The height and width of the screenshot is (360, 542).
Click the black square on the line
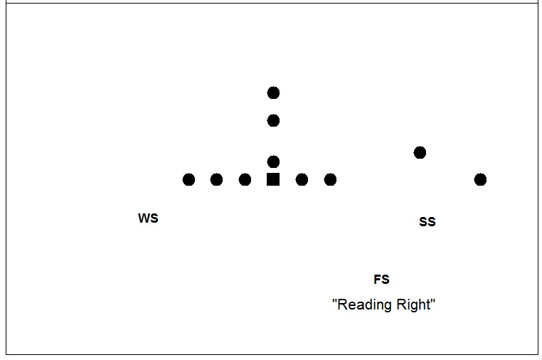point(273,179)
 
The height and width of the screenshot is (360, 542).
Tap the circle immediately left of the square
point(245,179)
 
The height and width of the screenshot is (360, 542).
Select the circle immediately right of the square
point(302,179)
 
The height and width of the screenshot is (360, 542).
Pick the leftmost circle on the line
point(188,179)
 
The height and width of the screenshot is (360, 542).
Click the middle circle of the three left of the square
point(216,179)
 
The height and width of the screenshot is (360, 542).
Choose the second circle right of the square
point(330,179)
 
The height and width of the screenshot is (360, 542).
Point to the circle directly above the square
point(273,162)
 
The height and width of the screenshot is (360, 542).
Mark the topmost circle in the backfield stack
point(273,92)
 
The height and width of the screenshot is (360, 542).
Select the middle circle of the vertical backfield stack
point(273,120)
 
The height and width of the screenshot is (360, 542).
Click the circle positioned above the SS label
point(420,152)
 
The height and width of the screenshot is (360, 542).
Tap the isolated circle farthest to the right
point(480,179)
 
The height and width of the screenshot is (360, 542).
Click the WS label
point(148,218)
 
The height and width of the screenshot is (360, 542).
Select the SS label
point(427,222)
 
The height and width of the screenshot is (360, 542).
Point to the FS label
point(381,280)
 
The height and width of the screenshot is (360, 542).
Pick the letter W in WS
point(144,218)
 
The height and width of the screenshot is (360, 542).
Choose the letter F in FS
point(378,280)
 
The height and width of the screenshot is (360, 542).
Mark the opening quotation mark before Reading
point(334,301)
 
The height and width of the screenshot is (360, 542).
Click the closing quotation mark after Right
point(432,301)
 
